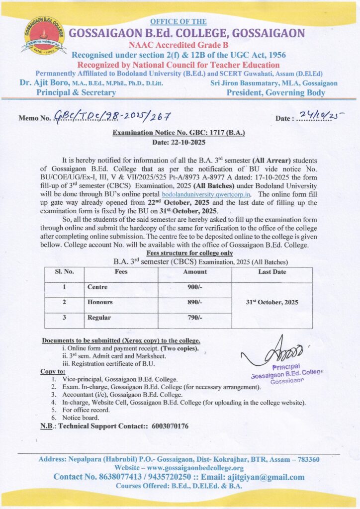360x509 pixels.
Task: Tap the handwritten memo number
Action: point(112,116)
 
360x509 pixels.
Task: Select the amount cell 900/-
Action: point(195,287)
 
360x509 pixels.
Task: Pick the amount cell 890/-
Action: point(195,302)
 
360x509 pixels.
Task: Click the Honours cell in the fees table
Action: point(100,302)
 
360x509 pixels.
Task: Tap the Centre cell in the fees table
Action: point(97,287)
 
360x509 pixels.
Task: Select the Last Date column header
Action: point(272,272)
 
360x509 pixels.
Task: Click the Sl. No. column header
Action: point(65,272)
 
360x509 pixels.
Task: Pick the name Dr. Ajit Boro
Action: point(43,83)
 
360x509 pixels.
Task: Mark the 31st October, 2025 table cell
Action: point(272,302)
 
